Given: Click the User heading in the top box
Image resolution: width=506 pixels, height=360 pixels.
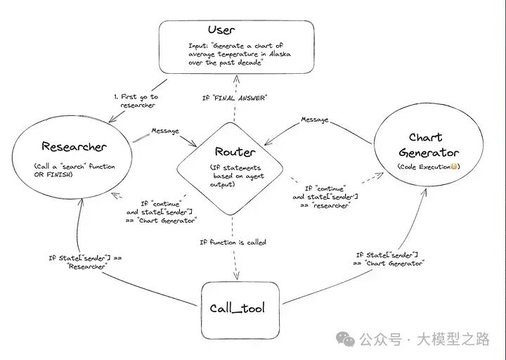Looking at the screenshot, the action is click(x=221, y=30).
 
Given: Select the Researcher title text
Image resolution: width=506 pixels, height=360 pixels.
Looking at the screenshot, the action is click(x=74, y=146).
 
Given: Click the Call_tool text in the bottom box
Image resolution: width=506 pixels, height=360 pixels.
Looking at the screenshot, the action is click(x=238, y=309).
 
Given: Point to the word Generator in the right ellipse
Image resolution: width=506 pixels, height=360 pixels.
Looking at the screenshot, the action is click(x=429, y=153).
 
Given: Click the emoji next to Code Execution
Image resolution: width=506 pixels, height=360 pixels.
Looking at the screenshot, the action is click(x=454, y=167).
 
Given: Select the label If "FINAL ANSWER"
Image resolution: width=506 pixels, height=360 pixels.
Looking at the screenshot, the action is click(x=234, y=98).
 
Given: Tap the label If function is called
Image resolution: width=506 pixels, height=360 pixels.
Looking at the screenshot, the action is click(x=233, y=242).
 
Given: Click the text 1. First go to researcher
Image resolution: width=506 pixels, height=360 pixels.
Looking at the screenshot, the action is click(x=136, y=101).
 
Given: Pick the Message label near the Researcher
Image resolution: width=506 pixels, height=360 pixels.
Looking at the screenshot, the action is click(x=165, y=131).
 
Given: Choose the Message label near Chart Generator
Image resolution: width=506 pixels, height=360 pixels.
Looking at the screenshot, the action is click(x=315, y=120).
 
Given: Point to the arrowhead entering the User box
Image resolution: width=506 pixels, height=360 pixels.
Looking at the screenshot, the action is click(x=237, y=79).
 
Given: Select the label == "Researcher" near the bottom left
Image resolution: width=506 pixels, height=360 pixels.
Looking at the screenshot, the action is click(x=87, y=266).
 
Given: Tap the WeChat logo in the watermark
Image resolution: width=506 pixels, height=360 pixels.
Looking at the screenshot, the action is click(x=345, y=339).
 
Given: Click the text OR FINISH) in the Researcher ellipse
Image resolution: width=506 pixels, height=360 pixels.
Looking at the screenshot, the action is click(x=53, y=174).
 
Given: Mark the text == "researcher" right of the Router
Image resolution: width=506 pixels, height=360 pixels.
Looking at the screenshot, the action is click(x=325, y=205).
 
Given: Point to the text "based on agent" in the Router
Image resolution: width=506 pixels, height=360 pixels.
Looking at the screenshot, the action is click(x=238, y=176).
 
